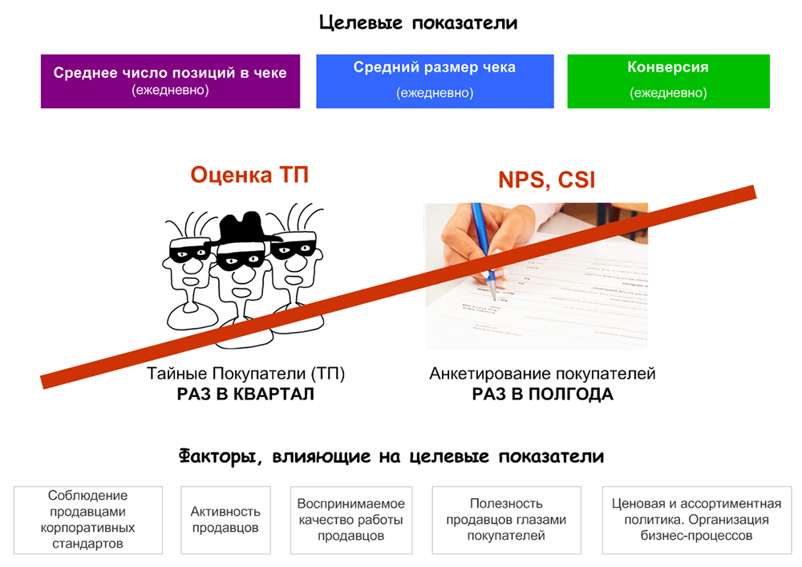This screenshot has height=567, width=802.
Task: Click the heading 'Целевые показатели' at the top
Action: [418, 22]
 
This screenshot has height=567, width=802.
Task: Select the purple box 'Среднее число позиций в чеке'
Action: [170, 81]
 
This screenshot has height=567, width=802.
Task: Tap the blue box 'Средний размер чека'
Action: [435, 81]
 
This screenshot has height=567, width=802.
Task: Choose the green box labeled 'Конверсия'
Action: [668, 81]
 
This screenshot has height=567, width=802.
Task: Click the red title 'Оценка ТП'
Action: [249, 175]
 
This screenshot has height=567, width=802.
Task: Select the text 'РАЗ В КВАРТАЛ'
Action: [245, 395]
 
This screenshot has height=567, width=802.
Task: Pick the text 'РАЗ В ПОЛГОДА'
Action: [543, 395]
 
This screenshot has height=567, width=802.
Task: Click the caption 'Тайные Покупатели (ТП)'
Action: [245, 375]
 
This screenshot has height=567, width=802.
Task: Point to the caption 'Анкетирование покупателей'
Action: [543, 375]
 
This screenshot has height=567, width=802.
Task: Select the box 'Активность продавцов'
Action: [225, 520]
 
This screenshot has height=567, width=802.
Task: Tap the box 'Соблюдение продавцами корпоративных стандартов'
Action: [88, 520]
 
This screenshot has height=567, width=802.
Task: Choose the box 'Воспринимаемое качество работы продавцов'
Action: [351, 520]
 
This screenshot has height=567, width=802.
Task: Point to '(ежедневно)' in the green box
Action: [668, 93]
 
